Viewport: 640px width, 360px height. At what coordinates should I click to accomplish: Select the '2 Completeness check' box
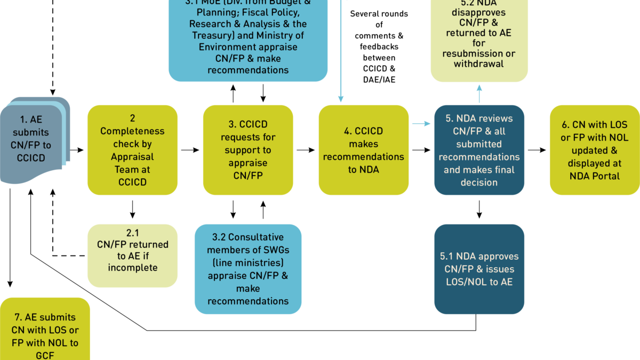132,150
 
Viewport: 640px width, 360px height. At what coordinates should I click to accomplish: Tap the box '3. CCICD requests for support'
248,150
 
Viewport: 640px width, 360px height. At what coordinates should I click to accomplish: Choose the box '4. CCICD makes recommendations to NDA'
364,150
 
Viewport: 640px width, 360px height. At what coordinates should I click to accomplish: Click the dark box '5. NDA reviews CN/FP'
479,150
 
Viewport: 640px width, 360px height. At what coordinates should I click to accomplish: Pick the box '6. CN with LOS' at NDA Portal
595,150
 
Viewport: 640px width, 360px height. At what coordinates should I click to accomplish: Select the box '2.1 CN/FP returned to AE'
132,256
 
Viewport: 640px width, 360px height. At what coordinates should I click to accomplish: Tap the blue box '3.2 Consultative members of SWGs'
248,269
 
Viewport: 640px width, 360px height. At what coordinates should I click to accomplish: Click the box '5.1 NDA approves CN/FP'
479,269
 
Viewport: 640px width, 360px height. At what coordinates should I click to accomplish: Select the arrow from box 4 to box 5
421,124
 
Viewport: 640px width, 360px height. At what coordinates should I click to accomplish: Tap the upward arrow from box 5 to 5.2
479,94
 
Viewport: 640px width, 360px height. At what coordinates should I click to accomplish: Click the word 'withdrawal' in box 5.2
479,64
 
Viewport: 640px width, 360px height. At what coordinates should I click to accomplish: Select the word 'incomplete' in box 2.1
132,268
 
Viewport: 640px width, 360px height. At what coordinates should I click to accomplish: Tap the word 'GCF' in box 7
45,355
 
